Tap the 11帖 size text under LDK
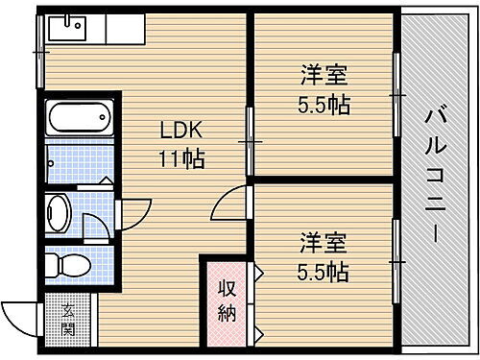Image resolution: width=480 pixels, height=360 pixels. click(x=180, y=159)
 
